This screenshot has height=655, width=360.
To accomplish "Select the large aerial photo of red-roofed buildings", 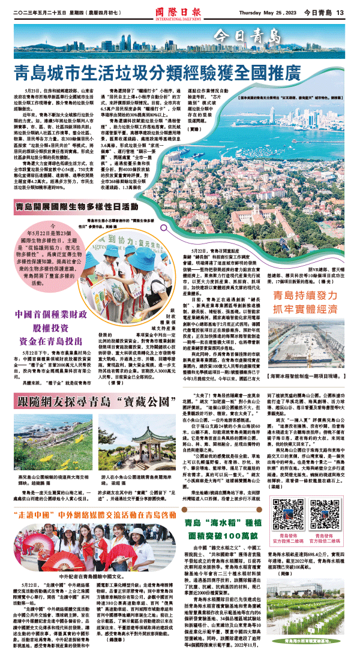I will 252,156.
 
